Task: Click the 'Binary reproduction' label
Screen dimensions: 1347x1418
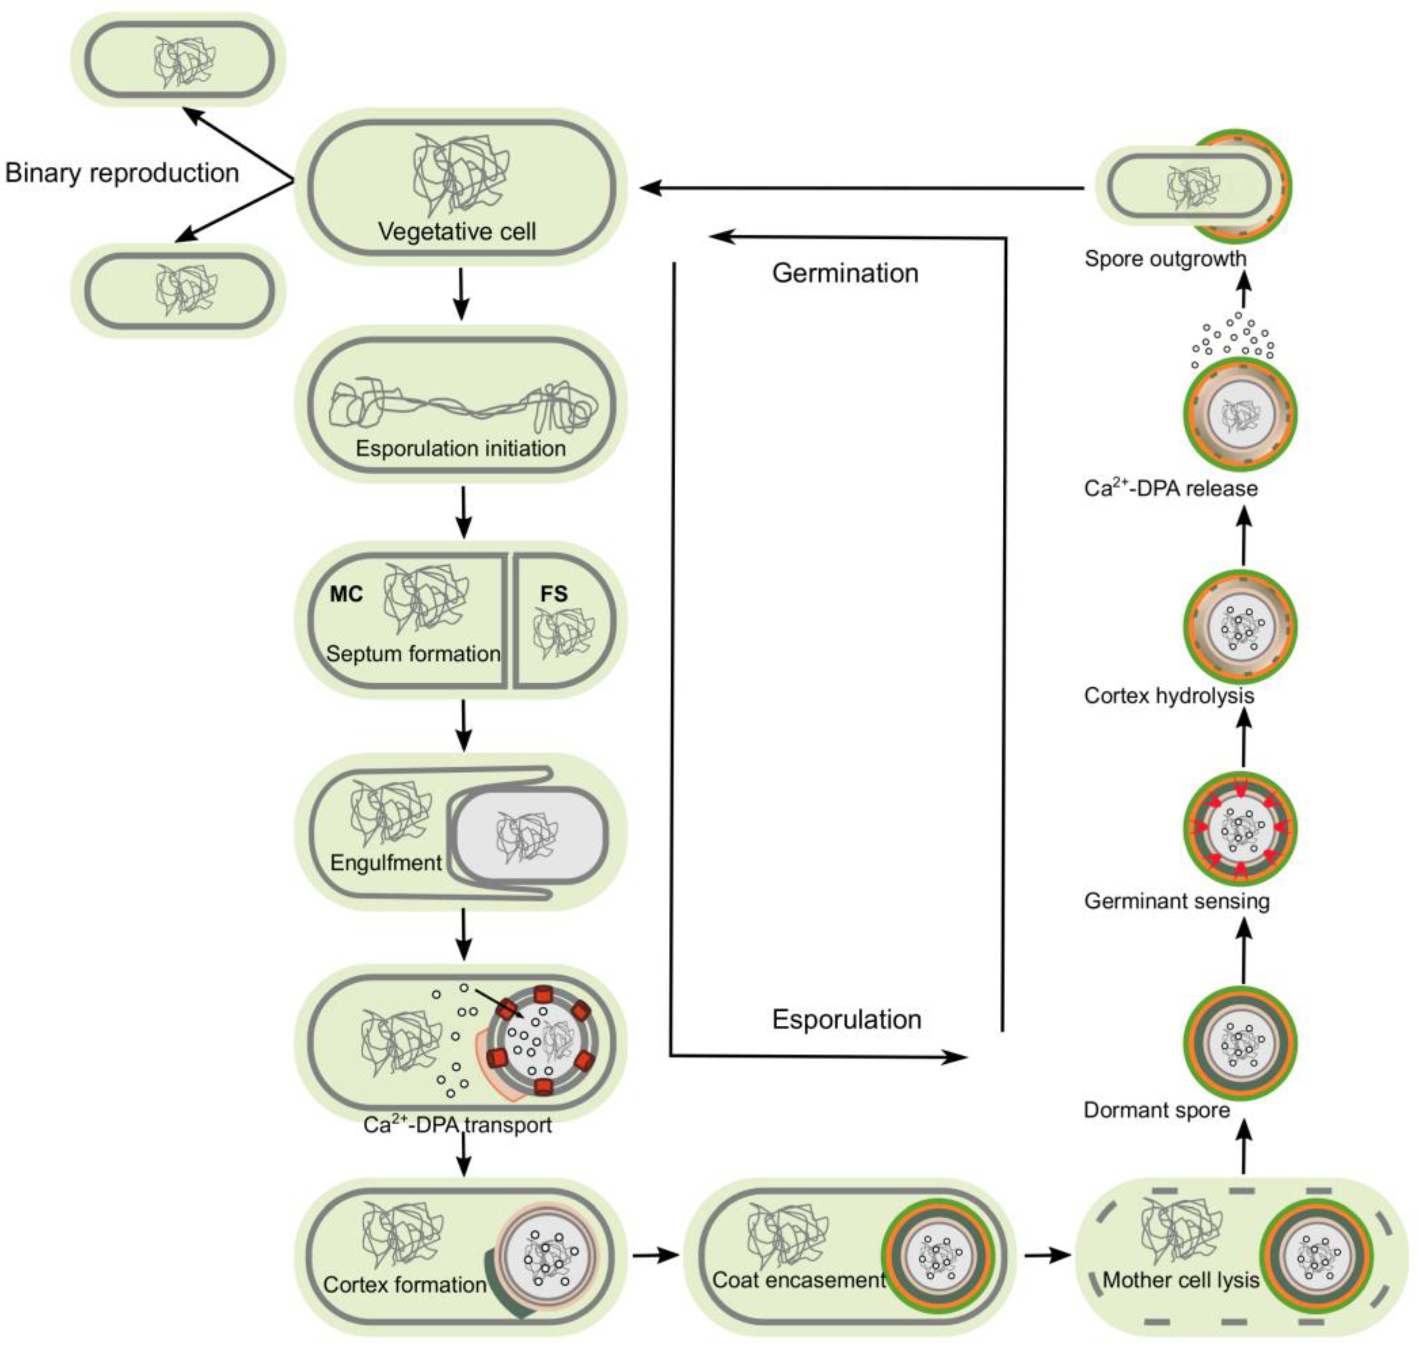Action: (122, 173)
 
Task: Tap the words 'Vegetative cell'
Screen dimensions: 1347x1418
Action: (457, 231)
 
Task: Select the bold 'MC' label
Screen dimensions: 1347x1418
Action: (346, 594)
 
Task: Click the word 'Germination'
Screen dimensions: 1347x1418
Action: (845, 273)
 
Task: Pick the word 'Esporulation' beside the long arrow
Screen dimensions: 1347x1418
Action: (846, 1019)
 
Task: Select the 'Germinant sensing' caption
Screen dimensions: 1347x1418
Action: (1176, 901)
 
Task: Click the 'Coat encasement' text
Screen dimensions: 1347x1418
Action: (798, 1280)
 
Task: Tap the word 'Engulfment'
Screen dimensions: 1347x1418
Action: (385, 862)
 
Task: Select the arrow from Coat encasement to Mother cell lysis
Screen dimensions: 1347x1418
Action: (1047, 1255)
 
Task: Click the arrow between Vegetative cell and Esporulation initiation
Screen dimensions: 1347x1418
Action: (462, 294)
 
